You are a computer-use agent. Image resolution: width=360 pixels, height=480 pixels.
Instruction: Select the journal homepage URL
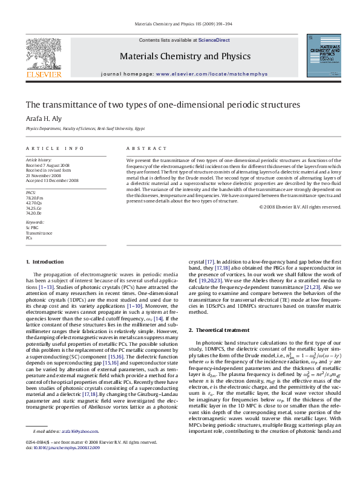click(203, 74)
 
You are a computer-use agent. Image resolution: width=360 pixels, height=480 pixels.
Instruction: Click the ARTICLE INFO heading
click(55, 148)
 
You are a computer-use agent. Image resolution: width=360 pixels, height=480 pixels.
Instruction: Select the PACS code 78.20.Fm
click(34, 198)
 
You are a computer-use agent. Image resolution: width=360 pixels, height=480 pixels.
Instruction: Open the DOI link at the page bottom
click(67, 465)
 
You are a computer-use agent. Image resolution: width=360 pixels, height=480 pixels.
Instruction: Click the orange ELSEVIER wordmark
click(44, 75)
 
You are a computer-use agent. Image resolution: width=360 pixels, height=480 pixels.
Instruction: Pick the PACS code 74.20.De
click(34, 213)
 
